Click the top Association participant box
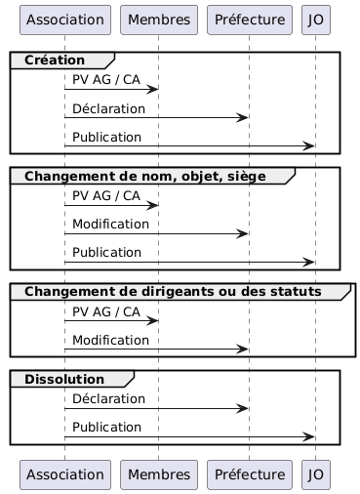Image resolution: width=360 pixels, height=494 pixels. [x=65, y=20]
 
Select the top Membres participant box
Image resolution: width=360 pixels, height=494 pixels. [x=159, y=20]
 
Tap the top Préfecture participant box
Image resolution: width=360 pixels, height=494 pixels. [x=250, y=20]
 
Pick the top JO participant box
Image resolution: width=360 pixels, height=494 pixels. [x=316, y=20]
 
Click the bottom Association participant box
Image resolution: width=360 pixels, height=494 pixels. [x=65, y=474]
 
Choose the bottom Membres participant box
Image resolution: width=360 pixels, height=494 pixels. [x=159, y=474]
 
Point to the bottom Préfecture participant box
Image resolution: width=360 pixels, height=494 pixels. [x=250, y=474]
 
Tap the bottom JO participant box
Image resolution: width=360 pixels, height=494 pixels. [x=316, y=474]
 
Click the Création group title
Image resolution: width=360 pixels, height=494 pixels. [x=55, y=61]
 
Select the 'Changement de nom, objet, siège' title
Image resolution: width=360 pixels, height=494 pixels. [x=145, y=177]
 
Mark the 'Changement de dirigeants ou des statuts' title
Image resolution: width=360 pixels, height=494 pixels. [x=173, y=292]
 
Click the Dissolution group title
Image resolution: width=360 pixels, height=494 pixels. [x=64, y=379]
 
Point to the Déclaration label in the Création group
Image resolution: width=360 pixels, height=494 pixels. [x=108, y=108]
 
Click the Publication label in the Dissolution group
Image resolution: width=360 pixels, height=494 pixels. [x=106, y=428]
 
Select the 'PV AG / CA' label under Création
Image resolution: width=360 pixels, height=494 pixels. [x=106, y=80]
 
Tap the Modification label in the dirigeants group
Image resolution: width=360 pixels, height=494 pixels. [x=110, y=341]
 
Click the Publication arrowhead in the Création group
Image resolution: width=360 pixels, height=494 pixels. [x=308, y=146]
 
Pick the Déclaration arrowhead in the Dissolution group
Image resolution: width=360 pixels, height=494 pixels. [x=242, y=409]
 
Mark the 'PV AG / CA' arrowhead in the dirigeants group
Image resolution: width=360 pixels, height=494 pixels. [x=152, y=321]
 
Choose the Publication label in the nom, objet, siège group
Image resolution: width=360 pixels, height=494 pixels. [x=106, y=253]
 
